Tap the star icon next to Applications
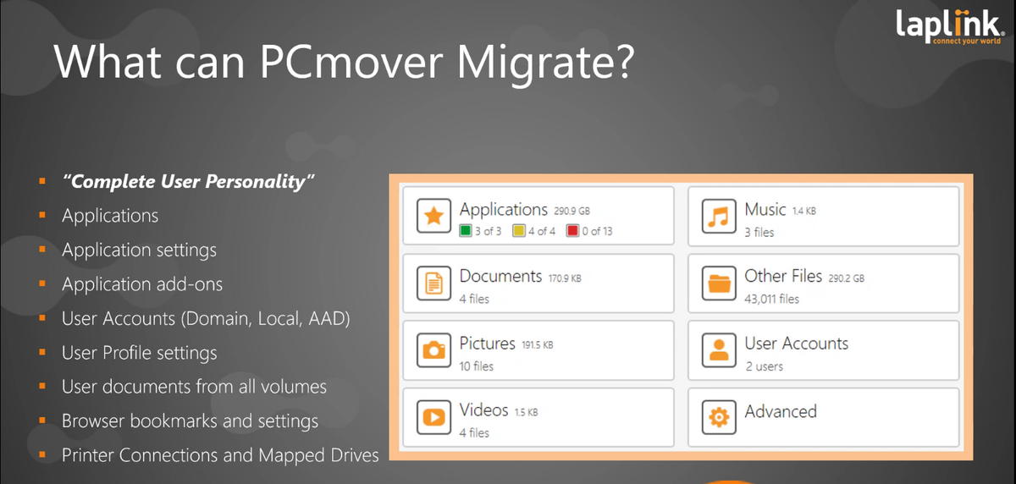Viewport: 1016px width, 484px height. [434, 217]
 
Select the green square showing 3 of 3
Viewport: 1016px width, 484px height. [466, 231]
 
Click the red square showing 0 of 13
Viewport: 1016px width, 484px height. [572, 231]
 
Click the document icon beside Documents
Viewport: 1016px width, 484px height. [434, 284]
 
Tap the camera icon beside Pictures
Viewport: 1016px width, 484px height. [434, 350]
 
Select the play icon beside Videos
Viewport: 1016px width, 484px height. [434, 416]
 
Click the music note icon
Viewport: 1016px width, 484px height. [719, 217]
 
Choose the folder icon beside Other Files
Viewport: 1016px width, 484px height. [719, 284]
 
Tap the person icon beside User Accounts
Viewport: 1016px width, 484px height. [719, 350]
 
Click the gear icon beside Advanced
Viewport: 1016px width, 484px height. [719, 416]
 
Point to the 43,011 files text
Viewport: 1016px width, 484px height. [771, 299]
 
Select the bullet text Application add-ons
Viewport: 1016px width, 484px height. [142, 284]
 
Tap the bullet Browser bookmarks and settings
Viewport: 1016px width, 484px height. [190, 421]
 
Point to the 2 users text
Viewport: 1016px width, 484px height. [764, 366]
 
